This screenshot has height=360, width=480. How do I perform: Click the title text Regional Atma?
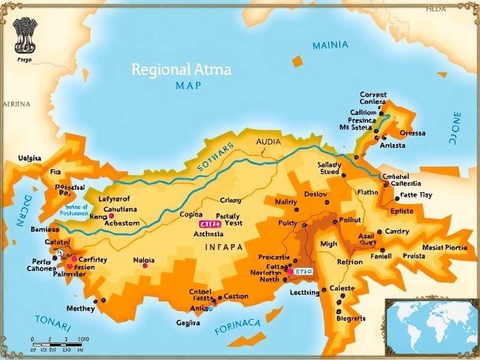(x=181, y=69)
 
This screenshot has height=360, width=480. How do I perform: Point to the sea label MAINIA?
(x=330, y=45)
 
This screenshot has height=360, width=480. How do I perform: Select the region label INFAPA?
(x=224, y=247)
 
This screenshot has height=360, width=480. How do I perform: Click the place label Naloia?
(x=143, y=260)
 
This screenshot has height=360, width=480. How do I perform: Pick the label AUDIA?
(x=268, y=142)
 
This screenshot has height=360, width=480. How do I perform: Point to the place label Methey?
(x=80, y=308)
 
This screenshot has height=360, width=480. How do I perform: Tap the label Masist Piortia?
(x=445, y=247)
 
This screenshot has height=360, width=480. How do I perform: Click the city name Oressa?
(x=412, y=133)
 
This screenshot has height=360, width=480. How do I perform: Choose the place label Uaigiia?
(x=30, y=158)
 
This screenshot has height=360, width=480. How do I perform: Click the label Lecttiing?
(x=304, y=292)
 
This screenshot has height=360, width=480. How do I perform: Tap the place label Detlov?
(x=316, y=194)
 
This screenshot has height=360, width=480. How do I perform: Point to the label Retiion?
(x=350, y=262)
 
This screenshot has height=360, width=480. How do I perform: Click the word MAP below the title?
(x=188, y=85)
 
